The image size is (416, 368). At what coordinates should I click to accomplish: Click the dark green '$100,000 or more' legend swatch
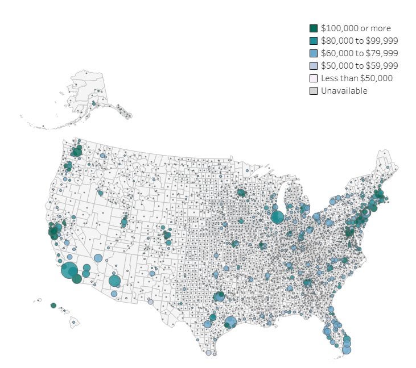pos(314,28)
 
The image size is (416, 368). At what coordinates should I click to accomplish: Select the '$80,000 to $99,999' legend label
pos(359,40)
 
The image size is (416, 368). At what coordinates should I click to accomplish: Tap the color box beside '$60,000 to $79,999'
pos(314,53)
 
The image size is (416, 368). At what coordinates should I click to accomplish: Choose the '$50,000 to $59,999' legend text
pos(359,65)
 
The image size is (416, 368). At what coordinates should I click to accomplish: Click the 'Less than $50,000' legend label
pos(356,78)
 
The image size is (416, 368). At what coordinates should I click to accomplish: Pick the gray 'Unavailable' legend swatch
pos(314,90)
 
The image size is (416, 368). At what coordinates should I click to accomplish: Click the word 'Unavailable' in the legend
pos(344,90)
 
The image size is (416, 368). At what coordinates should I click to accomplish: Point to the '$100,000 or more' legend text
pos(356,28)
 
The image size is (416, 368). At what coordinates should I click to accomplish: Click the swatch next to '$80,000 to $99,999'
pos(314,40)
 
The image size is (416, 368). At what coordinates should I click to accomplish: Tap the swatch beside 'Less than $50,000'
pos(314,78)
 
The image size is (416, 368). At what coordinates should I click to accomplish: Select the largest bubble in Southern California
pos(69,271)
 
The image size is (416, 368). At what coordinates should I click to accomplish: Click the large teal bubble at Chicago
pos(278,216)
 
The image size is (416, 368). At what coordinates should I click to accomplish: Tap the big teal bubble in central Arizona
pos(114,281)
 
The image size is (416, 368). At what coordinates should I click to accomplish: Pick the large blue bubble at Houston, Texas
pos(230,323)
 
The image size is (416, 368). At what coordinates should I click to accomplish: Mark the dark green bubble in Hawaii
pos(53,305)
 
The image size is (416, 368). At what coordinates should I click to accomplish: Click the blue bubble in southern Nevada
pos(98,258)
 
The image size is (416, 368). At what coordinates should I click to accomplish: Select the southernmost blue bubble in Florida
pos(346,349)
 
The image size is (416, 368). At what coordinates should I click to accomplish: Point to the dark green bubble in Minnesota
pos(241,193)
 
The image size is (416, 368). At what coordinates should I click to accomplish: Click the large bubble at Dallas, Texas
pos(219,296)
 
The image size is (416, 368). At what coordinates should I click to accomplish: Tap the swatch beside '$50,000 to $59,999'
pos(314,65)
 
